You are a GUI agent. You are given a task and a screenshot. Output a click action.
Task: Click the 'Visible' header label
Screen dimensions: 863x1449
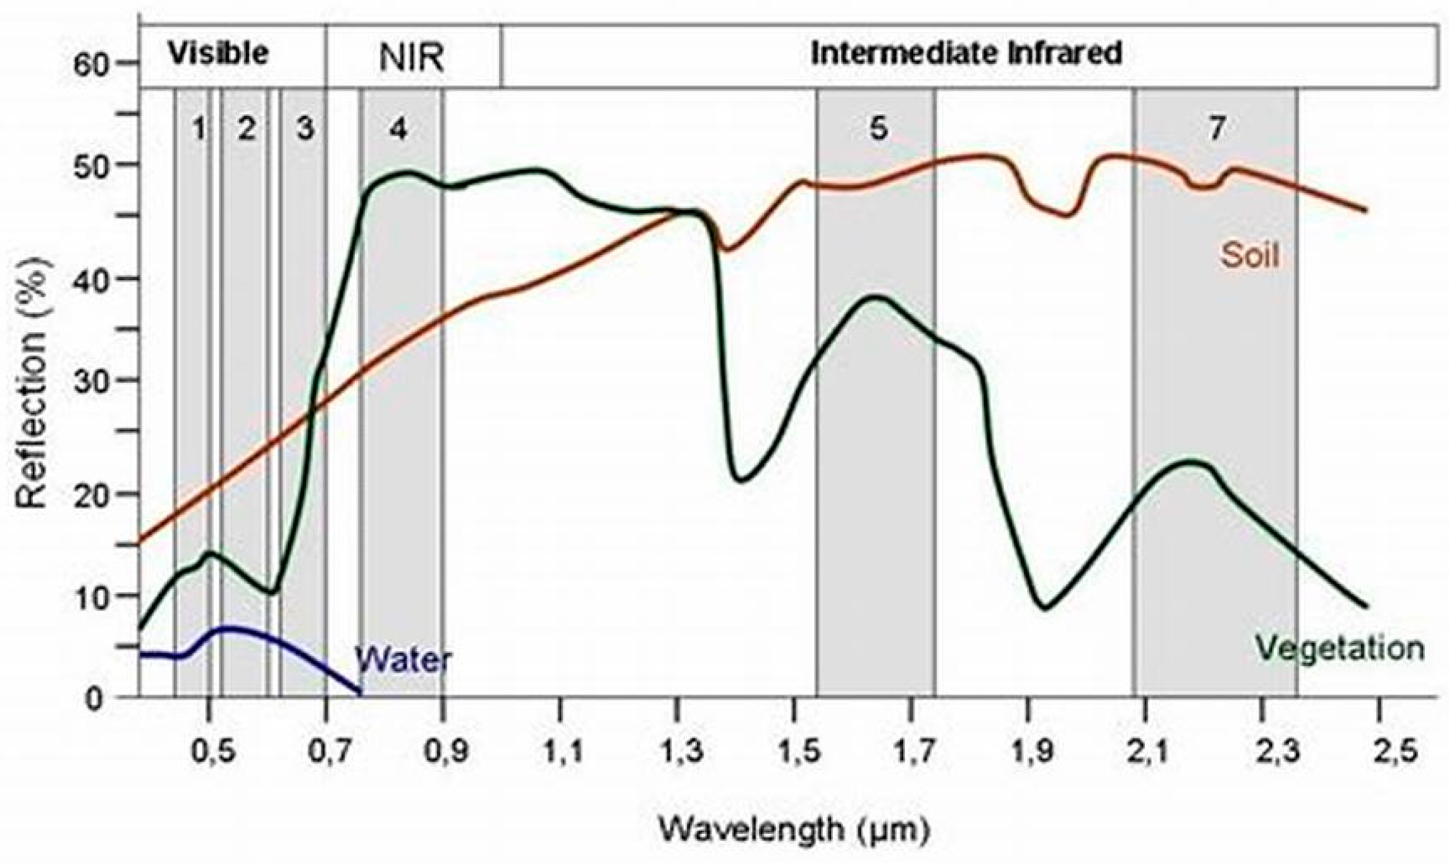coord(218,54)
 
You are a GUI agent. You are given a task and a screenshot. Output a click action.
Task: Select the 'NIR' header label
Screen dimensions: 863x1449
coord(412,59)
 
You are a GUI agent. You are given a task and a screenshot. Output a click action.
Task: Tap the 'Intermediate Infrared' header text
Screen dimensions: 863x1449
coord(966,54)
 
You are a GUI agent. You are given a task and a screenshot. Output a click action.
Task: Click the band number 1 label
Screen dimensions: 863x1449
coord(199,129)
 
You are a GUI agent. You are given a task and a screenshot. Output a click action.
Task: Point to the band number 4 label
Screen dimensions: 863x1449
coord(398,129)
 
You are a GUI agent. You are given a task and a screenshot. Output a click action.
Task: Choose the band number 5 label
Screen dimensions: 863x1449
coord(879,129)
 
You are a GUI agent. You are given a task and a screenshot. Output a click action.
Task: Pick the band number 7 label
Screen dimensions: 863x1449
coord(1216,129)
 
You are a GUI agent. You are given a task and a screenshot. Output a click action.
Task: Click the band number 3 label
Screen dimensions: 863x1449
coord(305,129)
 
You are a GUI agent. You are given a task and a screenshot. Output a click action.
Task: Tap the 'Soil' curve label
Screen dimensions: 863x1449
coord(1249,256)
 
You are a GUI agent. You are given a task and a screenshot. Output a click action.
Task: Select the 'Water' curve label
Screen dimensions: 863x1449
coord(403,660)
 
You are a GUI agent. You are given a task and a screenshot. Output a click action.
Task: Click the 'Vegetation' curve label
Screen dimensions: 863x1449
coord(1340,649)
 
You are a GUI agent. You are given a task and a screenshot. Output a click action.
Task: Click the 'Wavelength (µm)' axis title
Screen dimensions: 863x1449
coord(794,829)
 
